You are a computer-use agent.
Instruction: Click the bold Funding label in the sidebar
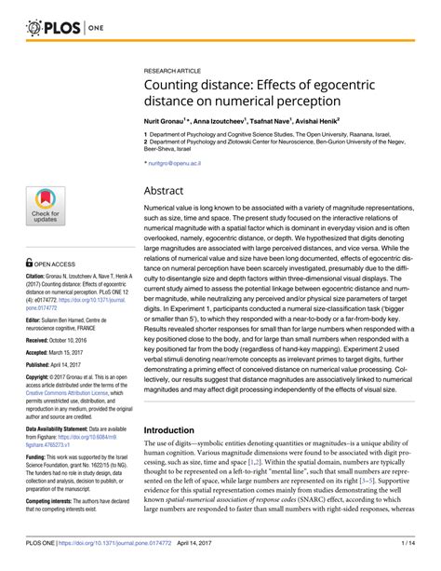38,458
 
